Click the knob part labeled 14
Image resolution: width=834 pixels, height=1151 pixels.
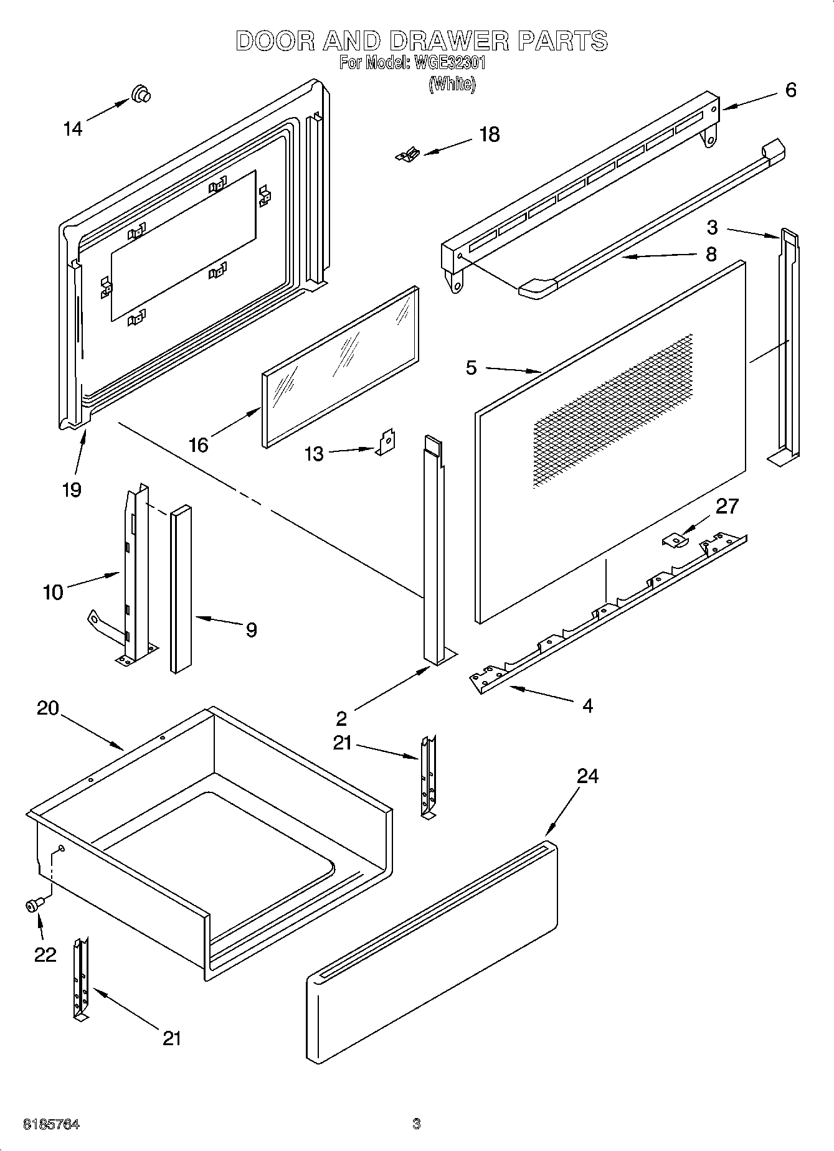point(141,94)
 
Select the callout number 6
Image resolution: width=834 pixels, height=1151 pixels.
point(790,90)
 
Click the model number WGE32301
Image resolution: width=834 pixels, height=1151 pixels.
point(445,63)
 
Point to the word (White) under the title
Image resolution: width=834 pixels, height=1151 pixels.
point(452,84)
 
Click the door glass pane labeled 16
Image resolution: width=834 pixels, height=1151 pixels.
point(340,367)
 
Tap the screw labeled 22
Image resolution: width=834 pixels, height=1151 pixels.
point(34,906)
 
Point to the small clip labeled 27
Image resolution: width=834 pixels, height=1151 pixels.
point(674,540)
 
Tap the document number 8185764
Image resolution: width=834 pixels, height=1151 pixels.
point(51,1124)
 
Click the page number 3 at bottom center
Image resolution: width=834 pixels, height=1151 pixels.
point(417,1124)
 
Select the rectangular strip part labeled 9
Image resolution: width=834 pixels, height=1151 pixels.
point(181,588)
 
